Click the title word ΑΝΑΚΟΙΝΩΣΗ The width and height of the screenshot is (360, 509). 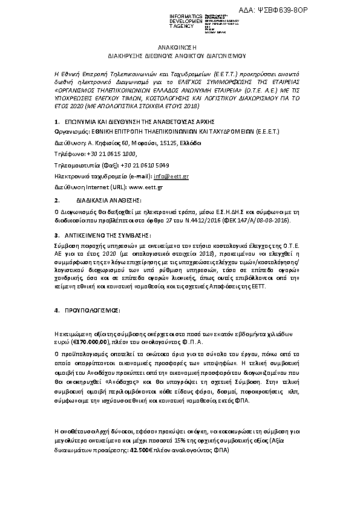click(180, 46)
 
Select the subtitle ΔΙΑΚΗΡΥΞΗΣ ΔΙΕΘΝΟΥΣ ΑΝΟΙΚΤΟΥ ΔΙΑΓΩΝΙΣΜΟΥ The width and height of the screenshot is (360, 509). click(180, 54)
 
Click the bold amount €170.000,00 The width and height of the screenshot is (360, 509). click(85, 342)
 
